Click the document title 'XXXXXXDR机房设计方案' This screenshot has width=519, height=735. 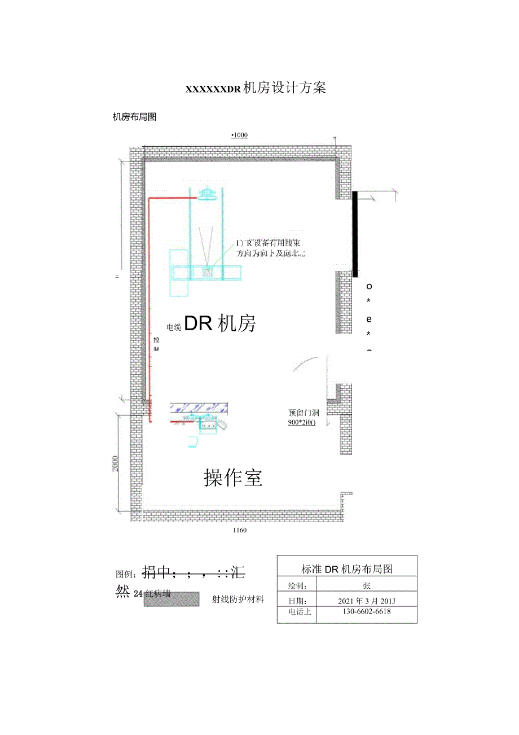pos(256,88)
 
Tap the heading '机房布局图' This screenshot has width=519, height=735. pos(134,117)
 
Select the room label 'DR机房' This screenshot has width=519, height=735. pos(221,323)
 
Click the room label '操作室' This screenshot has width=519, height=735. pos(233,478)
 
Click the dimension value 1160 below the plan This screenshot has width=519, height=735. pos(239,531)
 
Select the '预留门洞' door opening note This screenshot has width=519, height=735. pos(304,413)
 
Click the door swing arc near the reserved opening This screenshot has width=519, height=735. pos(304,364)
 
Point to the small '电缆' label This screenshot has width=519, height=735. pos(174,327)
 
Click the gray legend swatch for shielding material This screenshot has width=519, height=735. pos(171,599)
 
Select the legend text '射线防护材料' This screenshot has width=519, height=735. pos(238,600)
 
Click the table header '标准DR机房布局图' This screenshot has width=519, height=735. pos(347,569)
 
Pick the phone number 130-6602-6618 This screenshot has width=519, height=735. pos(366,611)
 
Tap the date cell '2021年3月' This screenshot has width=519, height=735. pos(366,600)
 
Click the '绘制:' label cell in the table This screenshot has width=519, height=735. pos(297,586)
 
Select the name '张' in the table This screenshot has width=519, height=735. pos(366,586)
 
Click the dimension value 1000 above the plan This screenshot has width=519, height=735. pos(239,135)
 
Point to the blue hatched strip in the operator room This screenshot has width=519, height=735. pos(199,406)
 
